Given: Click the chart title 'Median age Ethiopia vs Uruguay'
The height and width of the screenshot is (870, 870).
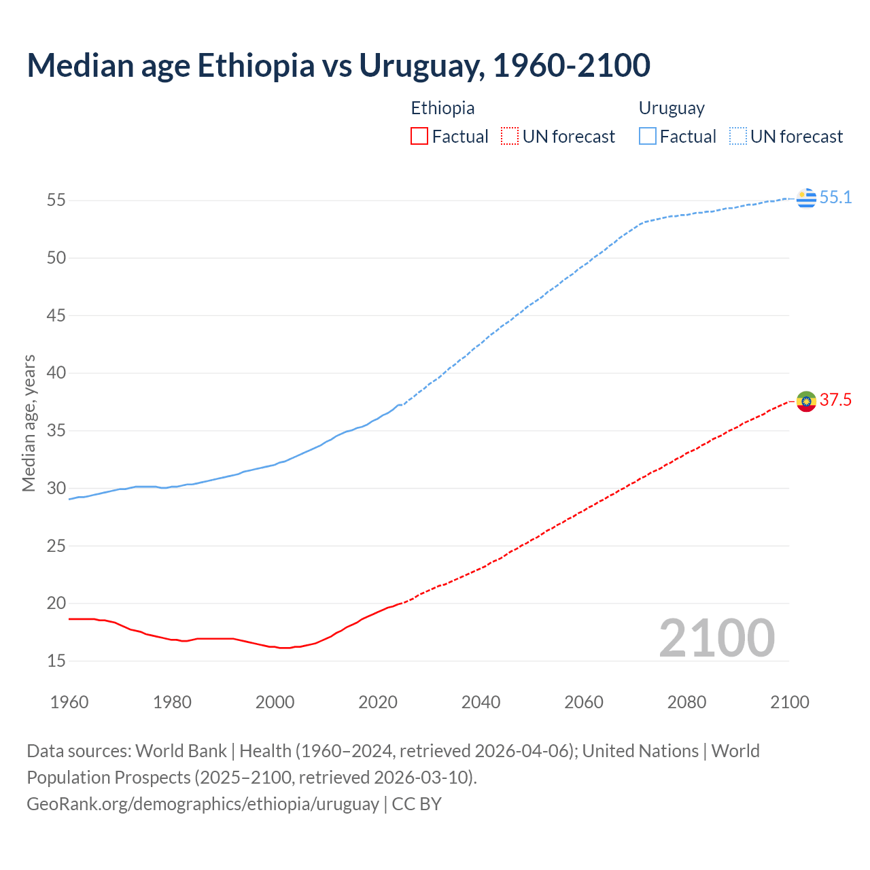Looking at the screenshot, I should [x=338, y=65].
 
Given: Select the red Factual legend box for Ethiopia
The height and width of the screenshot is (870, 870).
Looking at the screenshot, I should [x=419, y=137].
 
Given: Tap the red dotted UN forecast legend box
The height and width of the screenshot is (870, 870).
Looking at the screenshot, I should [x=510, y=137].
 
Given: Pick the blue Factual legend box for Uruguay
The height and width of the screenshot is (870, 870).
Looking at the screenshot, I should [x=648, y=137].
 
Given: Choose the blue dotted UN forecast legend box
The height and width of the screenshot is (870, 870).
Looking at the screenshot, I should [x=737, y=137].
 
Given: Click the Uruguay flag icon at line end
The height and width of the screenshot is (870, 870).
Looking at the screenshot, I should [x=806, y=198].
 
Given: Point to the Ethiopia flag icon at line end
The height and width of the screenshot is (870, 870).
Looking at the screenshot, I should [x=806, y=401].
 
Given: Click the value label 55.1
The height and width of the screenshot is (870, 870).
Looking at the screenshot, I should [x=835, y=198].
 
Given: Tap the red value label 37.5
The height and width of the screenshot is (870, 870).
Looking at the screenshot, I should [x=835, y=400].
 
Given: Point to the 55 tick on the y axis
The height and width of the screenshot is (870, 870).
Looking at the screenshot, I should [x=56, y=201].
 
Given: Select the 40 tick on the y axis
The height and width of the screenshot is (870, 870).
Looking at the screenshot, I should [x=56, y=373].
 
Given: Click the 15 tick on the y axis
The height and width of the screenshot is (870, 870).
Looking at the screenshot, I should [x=56, y=661].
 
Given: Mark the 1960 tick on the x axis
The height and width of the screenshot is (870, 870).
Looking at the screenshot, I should [x=69, y=702].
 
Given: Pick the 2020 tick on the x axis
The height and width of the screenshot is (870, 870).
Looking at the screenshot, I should [x=378, y=702].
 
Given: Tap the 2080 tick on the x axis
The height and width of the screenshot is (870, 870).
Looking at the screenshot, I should [x=686, y=702].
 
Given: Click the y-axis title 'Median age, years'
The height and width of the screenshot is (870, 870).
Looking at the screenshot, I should [x=29, y=423].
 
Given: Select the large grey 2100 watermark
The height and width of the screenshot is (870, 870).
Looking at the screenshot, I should [x=716, y=638].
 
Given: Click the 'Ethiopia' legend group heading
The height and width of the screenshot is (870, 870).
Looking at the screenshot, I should [x=442, y=108].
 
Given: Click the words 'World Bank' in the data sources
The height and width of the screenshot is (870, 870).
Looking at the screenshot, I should [x=181, y=751].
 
